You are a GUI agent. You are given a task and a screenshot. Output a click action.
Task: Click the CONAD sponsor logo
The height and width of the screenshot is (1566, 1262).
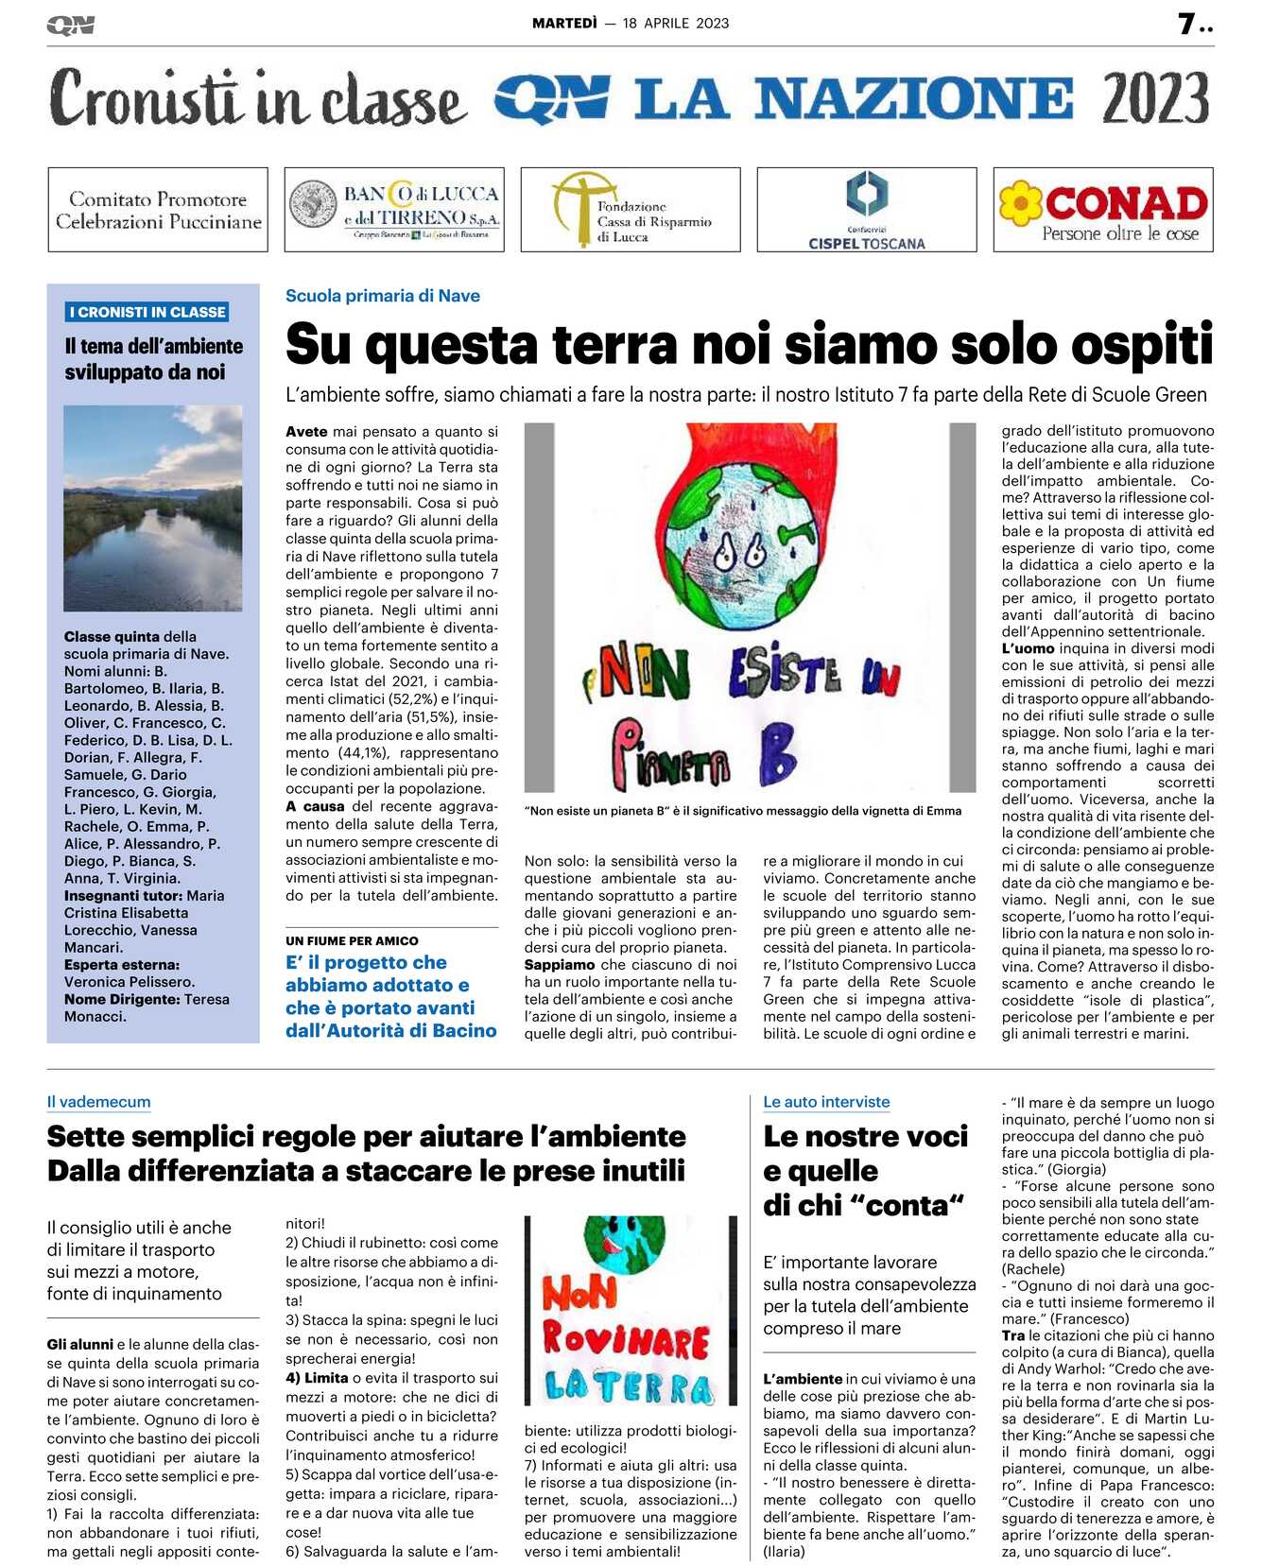click(1103, 210)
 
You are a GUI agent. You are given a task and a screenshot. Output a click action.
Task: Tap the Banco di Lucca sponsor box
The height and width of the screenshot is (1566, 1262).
click(394, 210)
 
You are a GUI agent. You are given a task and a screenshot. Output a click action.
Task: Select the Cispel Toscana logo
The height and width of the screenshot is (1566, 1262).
click(866, 210)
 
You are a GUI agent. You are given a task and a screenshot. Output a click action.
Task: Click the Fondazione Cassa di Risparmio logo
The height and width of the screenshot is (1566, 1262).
click(631, 210)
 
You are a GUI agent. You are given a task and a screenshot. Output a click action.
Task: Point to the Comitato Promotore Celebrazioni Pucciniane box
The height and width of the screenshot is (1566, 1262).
click(158, 210)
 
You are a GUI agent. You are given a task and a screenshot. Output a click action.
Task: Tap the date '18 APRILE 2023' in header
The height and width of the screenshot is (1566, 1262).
click(676, 24)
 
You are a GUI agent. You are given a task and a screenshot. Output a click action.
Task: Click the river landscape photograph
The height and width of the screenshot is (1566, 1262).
click(153, 508)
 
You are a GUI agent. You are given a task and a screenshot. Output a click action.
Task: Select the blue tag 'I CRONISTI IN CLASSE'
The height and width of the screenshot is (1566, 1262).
click(147, 312)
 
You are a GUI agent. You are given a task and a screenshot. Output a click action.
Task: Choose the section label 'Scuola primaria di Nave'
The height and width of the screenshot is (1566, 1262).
click(383, 296)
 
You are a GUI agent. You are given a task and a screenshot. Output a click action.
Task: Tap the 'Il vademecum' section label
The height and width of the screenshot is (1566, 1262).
click(98, 1102)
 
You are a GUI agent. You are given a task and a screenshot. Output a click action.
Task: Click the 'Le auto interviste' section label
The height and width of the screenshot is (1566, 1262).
click(826, 1102)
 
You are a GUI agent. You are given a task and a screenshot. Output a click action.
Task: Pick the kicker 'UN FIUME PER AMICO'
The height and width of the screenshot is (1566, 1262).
click(352, 941)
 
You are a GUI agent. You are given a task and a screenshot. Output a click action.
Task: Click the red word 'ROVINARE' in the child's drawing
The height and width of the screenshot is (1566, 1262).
click(626, 1340)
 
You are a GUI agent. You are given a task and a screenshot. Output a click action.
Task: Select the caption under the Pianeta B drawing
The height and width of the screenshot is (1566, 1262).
click(743, 811)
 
